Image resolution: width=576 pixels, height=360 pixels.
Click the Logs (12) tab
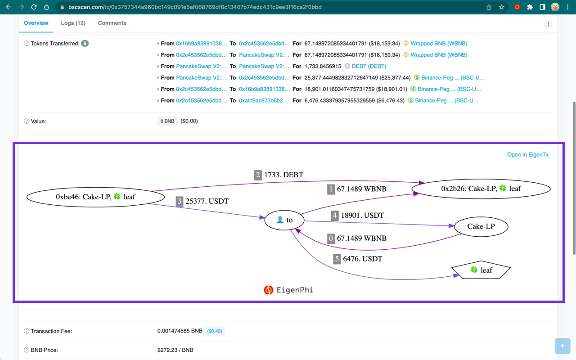pyautogui.click(x=73, y=23)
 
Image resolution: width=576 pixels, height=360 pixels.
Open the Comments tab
pyautogui.click(x=112, y=23)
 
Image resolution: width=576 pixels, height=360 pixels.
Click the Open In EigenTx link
pyautogui.click(x=528, y=155)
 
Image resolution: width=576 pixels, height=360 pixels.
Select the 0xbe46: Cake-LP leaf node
pyautogui.click(x=95, y=197)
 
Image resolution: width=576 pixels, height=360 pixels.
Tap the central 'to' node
pyautogui.click(x=284, y=220)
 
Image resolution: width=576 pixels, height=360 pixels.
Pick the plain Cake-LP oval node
pyautogui.click(x=481, y=226)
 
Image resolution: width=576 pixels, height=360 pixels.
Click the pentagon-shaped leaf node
pyautogui.click(x=481, y=270)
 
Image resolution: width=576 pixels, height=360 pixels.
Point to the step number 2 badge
pyautogui.click(x=258, y=175)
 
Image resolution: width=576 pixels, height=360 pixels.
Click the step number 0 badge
pyautogui.click(x=331, y=238)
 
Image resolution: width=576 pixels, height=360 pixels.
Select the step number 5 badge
pyautogui.click(x=337, y=259)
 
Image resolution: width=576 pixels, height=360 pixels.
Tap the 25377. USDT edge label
pyautogui.click(x=207, y=202)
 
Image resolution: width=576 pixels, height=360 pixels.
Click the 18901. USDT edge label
pyautogui.click(x=362, y=216)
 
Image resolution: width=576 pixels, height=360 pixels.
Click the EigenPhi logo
pyautogui.click(x=288, y=290)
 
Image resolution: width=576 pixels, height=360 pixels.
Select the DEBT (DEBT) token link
pyautogui.click(x=369, y=66)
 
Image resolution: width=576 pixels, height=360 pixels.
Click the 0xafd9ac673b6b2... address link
pyautogui.click(x=264, y=100)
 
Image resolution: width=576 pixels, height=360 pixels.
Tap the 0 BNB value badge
pyautogui.click(x=167, y=121)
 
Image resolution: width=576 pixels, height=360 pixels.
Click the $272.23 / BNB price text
pyautogui.click(x=175, y=350)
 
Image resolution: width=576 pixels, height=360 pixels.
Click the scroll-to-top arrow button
pyautogui.click(x=562, y=346)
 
